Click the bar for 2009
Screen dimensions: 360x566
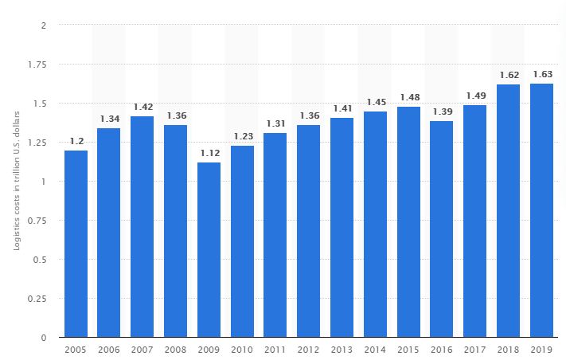(x=209, y=250)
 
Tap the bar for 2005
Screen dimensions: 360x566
(x=76, y=244)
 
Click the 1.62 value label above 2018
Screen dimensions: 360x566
(x=509, y=75)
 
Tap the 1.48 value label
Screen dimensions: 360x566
(x=408, y=97)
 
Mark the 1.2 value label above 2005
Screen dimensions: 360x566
(x=76, y=141)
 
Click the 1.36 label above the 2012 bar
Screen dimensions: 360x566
(x=309, y=115)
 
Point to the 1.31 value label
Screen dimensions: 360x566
(x=275, y=123)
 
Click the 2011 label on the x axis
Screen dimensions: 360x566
(x=275, y=349)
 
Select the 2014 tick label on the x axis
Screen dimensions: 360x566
(x=376, y=349)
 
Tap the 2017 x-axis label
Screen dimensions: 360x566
(x=475, y=349)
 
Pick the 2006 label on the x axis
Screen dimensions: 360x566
(x=109, y=349)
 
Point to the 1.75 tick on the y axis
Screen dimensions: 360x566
(x=38, y=65)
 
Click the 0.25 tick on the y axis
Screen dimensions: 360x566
(x=38, y=299)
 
